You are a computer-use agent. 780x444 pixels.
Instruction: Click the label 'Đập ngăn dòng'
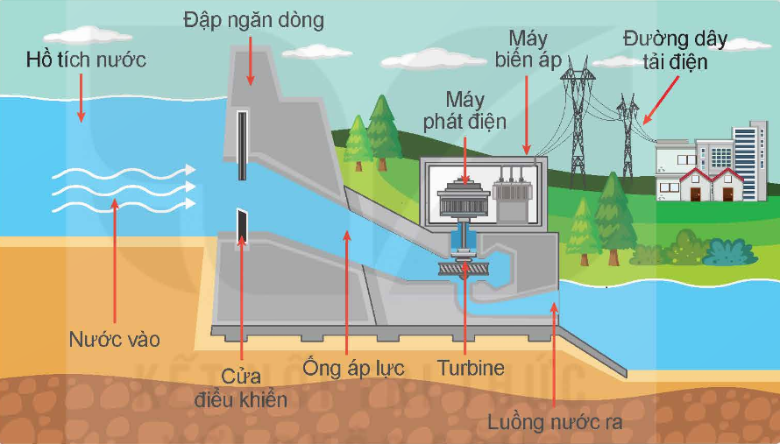(253, 21)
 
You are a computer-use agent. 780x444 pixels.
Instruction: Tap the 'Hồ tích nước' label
(86, 60)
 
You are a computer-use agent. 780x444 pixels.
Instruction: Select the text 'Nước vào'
(115, 340)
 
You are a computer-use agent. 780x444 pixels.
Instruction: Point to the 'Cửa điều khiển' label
(241, 388)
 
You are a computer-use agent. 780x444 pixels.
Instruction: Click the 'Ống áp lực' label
(353, 369)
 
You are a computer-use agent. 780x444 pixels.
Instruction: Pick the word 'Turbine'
(472, 368)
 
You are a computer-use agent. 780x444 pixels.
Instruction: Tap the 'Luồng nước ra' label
(555, 422)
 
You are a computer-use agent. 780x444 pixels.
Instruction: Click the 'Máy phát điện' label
(464, 110)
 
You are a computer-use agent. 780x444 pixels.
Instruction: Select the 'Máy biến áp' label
(528, 49)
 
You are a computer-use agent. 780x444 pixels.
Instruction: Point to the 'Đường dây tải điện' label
(675, 50)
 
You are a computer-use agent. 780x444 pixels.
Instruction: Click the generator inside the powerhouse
(463, 199)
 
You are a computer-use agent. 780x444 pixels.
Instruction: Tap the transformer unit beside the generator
(513, 195)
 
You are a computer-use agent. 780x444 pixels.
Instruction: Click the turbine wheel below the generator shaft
(463, 269)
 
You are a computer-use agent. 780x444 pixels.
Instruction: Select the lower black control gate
(242, 226)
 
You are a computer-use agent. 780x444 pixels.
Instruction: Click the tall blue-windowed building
(749, 160)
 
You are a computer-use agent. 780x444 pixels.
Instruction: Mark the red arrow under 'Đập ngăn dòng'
(251, 60)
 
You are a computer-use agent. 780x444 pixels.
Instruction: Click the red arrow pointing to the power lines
(661, 100)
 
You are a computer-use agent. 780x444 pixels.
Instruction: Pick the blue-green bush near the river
(730, 252)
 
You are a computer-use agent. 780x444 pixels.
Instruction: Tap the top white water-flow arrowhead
(190, 170)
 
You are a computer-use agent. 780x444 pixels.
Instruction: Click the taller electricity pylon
(578, 122)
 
